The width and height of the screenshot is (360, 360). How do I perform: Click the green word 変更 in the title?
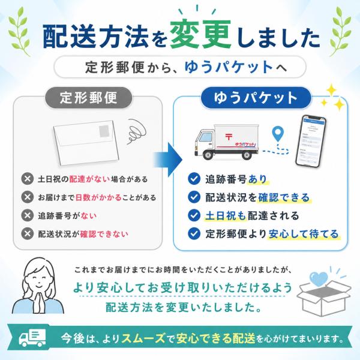[200, 34]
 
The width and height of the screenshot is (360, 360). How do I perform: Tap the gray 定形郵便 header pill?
[88, 98]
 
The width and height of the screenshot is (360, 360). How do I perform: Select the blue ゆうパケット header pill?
[256, 98]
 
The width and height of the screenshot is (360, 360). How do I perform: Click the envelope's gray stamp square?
[104, 131]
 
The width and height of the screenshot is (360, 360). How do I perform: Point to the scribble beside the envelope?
[136, 131]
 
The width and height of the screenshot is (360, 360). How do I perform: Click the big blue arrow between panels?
[168, 160]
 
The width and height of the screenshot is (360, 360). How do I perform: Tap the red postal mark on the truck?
[229, 137]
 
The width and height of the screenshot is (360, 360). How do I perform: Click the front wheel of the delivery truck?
[208, 155]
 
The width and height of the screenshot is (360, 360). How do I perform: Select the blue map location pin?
[278, 134]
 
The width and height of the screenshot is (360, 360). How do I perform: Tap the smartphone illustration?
[311, 142]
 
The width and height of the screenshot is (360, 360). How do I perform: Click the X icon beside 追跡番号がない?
[28, 215]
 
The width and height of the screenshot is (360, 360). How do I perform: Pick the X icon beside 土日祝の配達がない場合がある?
[28, 179]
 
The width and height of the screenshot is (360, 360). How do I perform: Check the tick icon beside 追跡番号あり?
[194, 179]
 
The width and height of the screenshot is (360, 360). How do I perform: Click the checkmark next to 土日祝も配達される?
[194, 215]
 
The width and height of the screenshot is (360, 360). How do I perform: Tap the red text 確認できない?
[104, 234]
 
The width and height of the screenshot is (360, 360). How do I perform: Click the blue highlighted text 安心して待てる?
[304, 234]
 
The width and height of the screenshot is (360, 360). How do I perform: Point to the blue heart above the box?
[319, 279]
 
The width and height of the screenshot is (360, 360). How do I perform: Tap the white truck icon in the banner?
[32, 338]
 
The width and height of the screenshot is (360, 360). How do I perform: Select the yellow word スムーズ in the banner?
[143, 338]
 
